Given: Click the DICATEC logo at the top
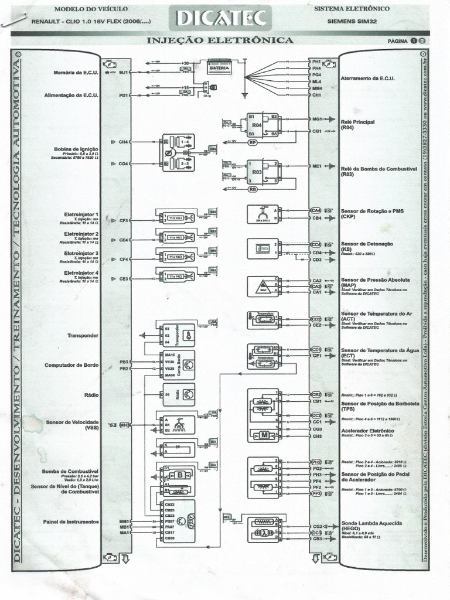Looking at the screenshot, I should tap(220, 19).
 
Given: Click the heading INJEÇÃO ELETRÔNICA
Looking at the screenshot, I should tap(220, 40).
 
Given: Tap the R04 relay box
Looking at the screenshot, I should tap(257, 125).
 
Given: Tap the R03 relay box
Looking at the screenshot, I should tap(257, 173).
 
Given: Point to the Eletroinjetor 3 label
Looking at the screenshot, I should tap(81, 253).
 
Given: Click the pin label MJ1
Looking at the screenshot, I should tap(124, 73).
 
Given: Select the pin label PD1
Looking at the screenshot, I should tap(124, 94).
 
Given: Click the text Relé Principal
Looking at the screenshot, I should tap(357, 122).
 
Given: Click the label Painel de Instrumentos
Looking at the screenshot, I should tap(71, 521).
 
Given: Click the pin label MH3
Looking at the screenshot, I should tap(124, 424).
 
